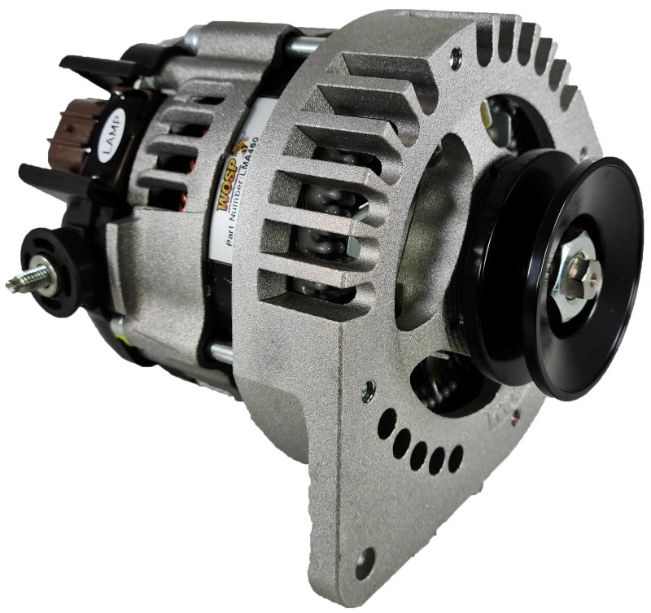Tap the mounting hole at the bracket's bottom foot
coord(365,562)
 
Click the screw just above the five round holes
coord(372,388)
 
